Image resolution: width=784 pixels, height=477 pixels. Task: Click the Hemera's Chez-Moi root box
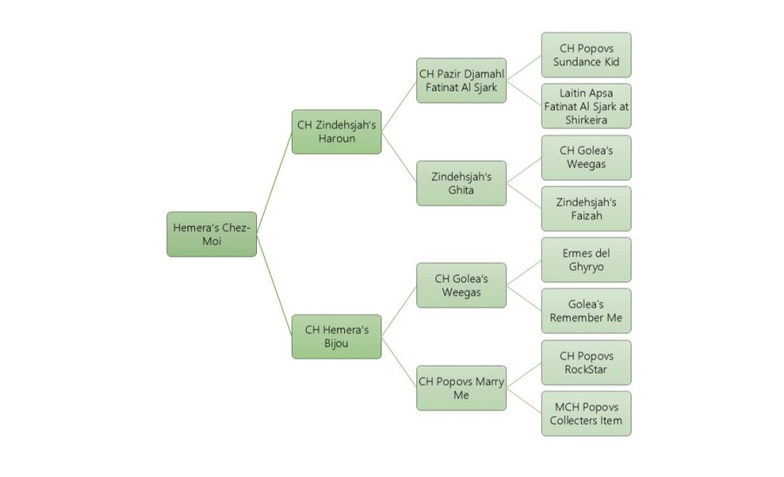pyautogui.click(x=212, y=234)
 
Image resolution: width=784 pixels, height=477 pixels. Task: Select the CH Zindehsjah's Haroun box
pyautogui.click(x=336, y=131)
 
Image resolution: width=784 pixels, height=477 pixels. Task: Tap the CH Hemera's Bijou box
pyautogui.click(x=336, y=337)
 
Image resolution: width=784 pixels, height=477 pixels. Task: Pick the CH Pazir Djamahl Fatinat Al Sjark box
pyautogui.click(x=461, y=80)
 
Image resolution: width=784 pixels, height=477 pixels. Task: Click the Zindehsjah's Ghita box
pyautogui.click(x=461, y=183)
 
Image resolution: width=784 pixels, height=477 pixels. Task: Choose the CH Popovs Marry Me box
pyautogui.click(x=461, y=388)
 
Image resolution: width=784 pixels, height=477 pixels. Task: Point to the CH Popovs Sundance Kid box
pyautogui.click(x=585, y=55)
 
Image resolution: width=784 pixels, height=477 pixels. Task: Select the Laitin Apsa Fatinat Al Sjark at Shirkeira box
pyautogui.click(x=585, y=106)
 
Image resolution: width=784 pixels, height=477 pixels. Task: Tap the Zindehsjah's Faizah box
pyautogui.click(x=585, y=209)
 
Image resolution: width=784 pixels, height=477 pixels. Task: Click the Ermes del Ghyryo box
pyautogui.click(x=585, y=259)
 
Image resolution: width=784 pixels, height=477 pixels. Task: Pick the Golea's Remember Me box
pyautogui.click(x=585, y=311)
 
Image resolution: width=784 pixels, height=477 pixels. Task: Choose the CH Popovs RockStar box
pyautogui.click(x=585, y=362)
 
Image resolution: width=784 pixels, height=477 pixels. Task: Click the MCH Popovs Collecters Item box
pyautogui.click(x=585, y=413)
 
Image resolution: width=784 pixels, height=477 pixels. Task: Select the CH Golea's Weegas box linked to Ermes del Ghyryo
pyautogui.click(x=461, y=286)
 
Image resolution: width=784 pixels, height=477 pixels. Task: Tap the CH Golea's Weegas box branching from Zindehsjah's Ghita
pyautogui.click(x=585, y=158)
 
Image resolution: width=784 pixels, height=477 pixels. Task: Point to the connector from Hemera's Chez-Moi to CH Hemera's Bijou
pyautogui.click(x=274, y=286)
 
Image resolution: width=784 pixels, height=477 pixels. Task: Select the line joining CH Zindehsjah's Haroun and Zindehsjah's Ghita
pyautogui.click(x=399, y=158)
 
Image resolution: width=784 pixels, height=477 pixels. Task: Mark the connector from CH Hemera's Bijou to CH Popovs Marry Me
pyautogui.click(x=399, y=363)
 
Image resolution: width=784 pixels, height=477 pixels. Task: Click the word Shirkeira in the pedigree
pyautogui.click(x=585, y=119)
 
